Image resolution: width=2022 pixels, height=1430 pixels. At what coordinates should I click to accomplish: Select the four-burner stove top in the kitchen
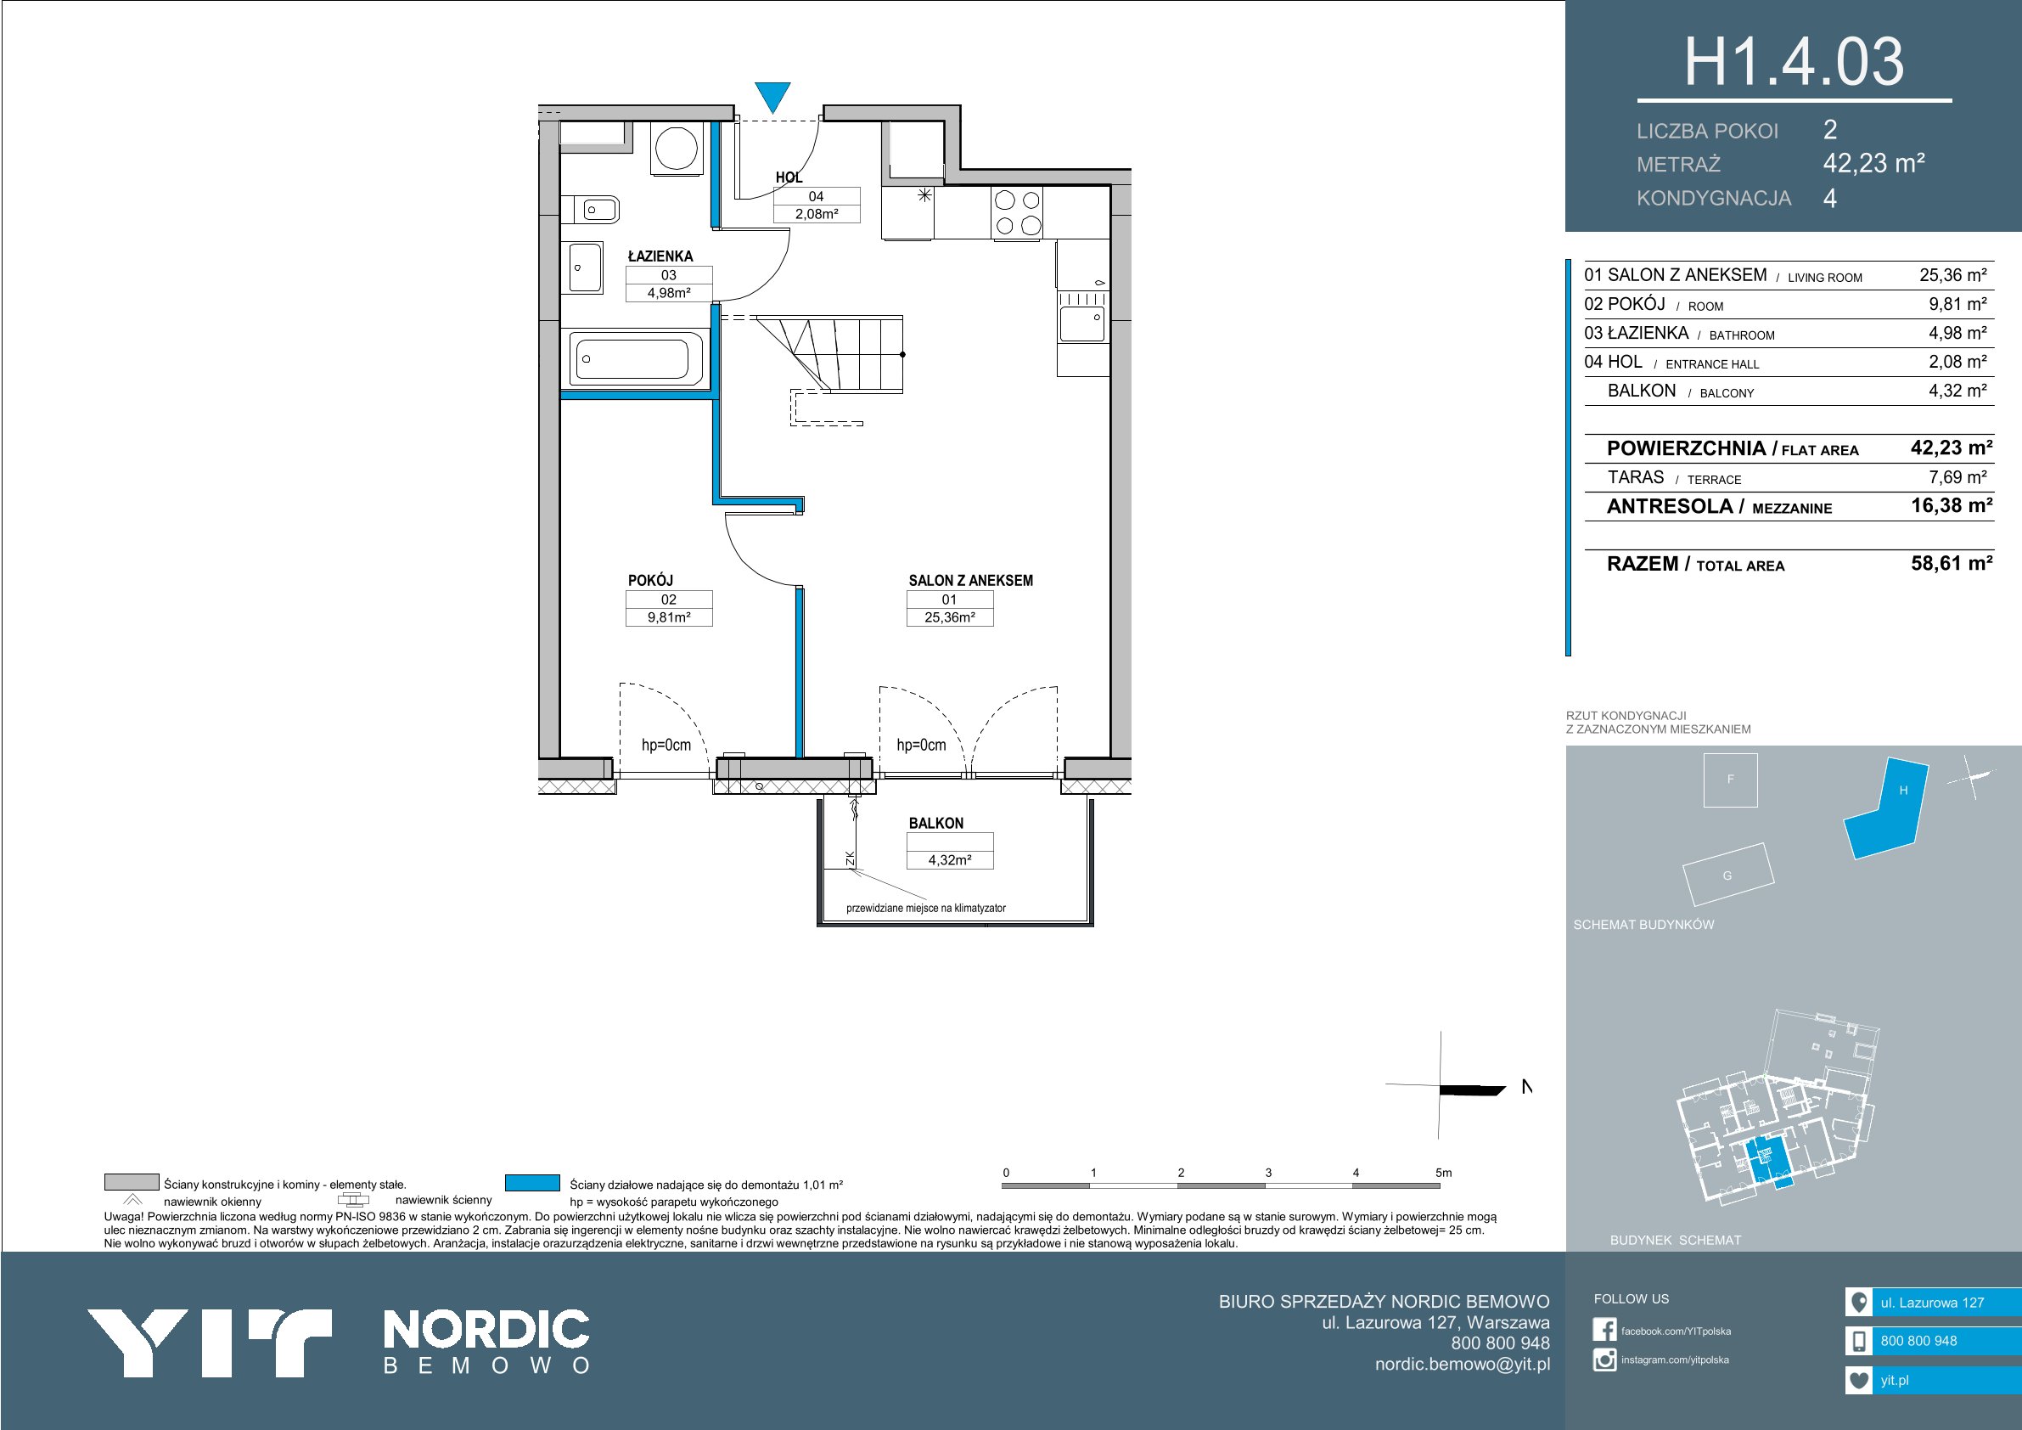pos(1017,212)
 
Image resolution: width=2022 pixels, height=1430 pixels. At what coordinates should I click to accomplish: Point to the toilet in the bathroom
pos(596,210)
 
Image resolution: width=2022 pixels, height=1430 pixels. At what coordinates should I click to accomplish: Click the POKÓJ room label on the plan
pos(651,581)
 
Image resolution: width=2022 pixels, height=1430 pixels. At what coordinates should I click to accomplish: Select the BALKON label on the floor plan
pos(936,823)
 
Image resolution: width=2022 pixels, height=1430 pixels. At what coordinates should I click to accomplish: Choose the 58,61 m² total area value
pos(1952,563)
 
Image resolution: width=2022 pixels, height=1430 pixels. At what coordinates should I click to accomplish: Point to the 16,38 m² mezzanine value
pos(1952,506)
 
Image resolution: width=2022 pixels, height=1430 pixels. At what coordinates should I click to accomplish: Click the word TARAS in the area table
pos(1636,477)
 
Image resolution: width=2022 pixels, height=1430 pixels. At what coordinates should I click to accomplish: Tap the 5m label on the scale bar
pos(1443,1173)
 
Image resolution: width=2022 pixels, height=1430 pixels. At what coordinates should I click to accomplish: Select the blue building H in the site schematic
pos(1886,809)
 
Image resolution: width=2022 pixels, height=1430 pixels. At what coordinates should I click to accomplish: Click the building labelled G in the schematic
pos(1727,875)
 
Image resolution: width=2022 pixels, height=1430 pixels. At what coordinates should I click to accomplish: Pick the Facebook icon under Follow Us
pos(1604,1331)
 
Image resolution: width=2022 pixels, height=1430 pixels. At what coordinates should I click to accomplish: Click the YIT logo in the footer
pos(209,1342)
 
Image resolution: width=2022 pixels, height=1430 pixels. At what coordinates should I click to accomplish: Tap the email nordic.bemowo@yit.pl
pos(1463,1364)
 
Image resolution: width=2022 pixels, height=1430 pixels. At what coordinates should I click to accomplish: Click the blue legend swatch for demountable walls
pos(533,1182)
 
